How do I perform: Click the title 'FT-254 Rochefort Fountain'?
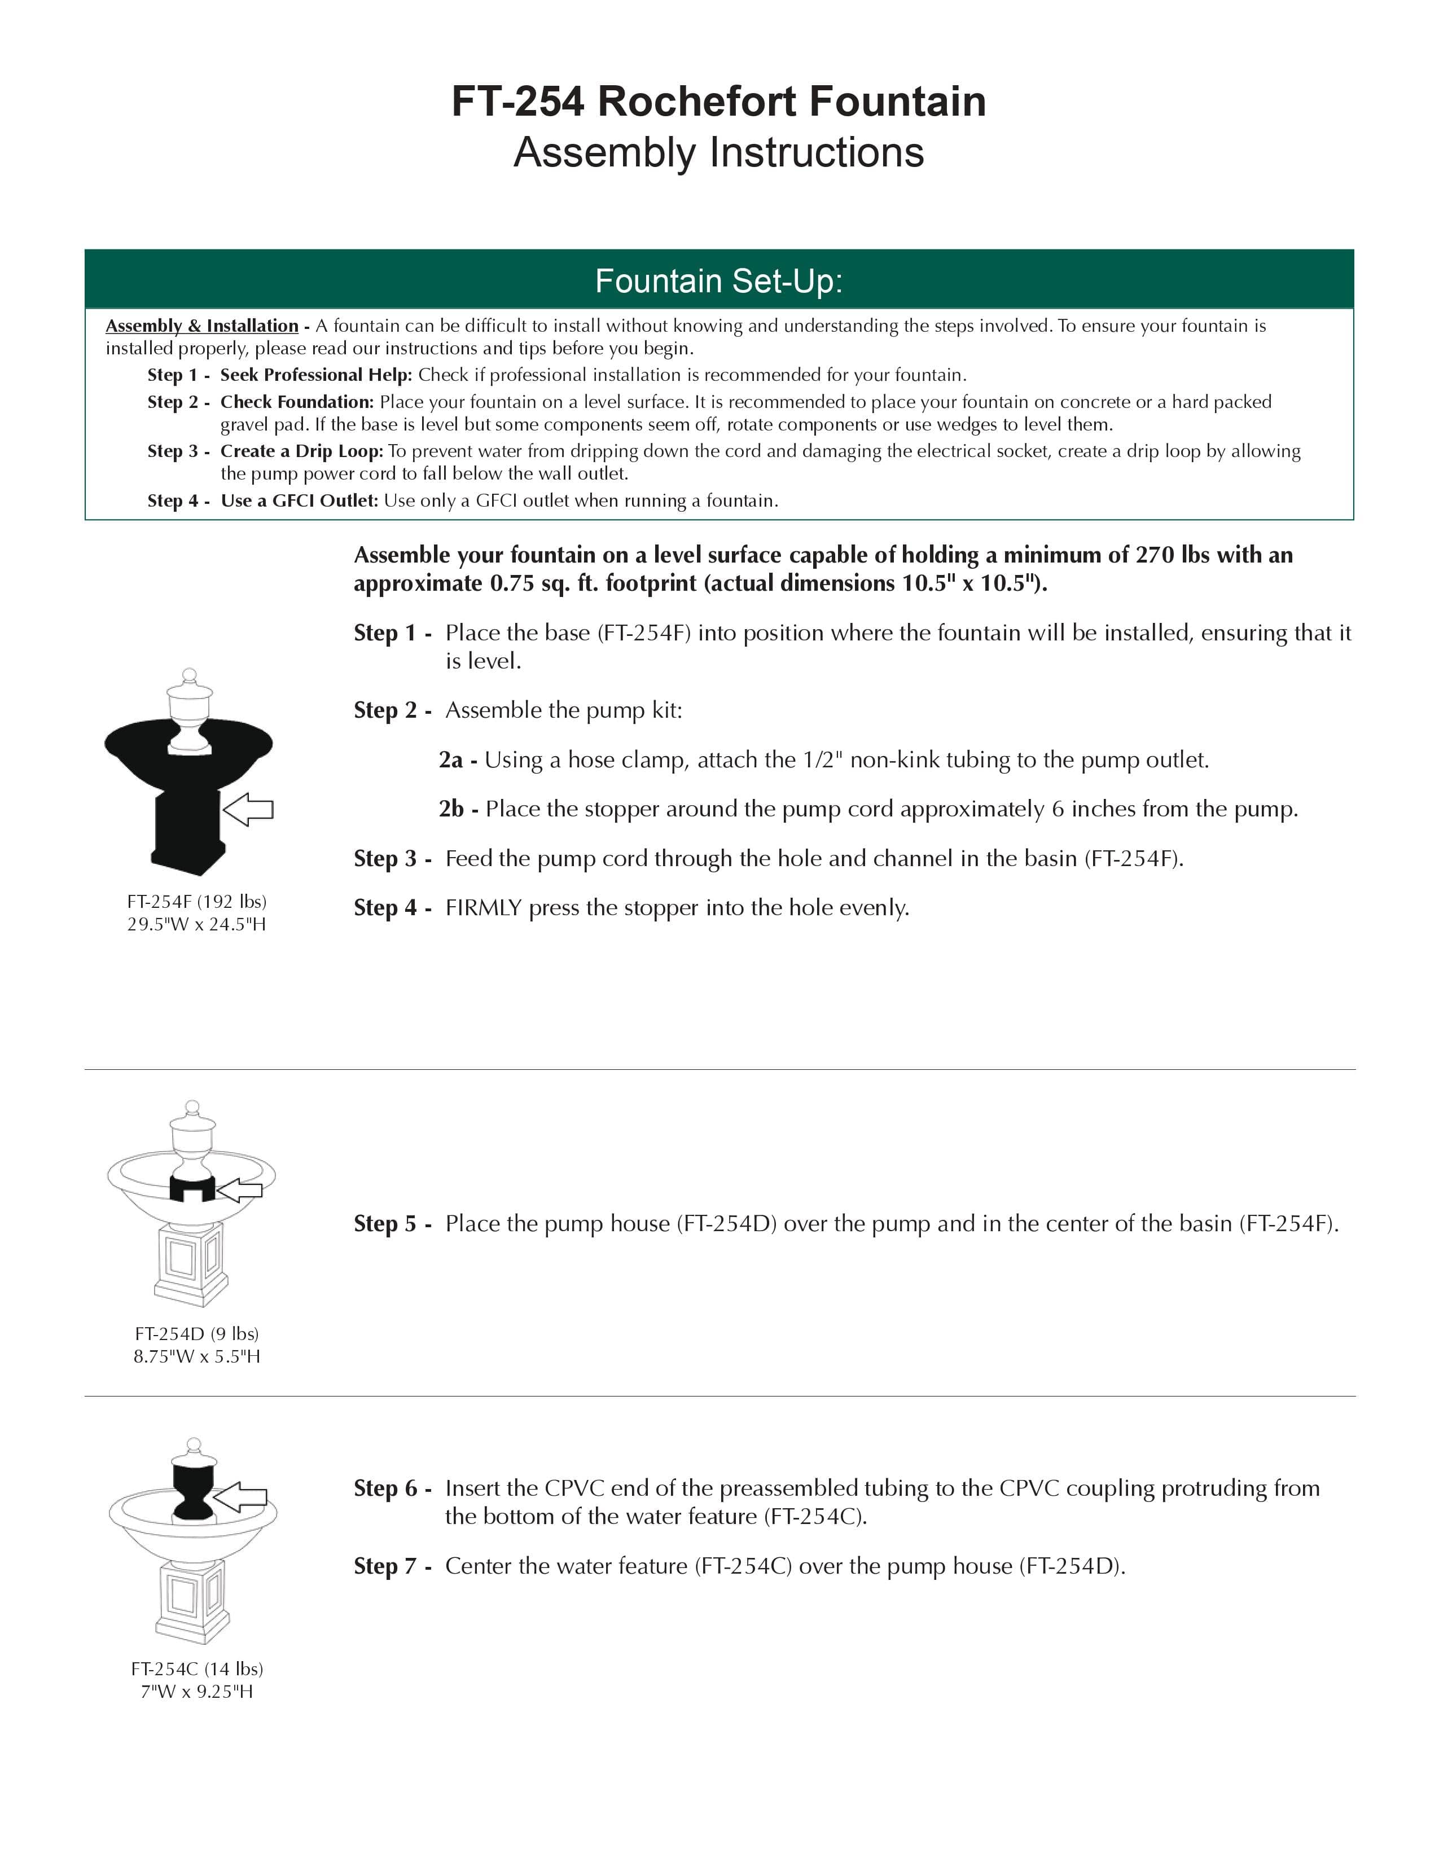[718, 102]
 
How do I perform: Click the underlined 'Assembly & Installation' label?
[202, 326]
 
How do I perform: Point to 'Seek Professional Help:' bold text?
[316, 375]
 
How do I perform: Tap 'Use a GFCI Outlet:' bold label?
[299, 501]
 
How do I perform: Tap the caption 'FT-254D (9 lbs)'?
[197, 1333]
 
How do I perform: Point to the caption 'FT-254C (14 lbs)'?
[197, 1668]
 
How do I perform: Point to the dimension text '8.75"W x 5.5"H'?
[197, 1356]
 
